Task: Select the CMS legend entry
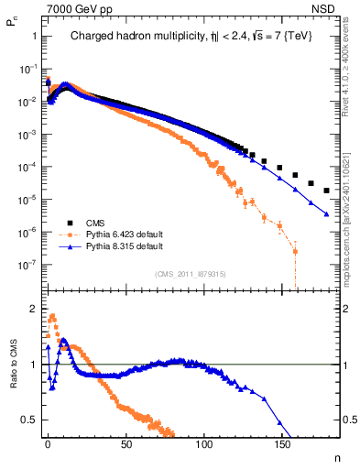click(x=95, y=223)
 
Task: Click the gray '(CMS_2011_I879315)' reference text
click(x=191, y=273)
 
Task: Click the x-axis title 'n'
click(x=337, y=455)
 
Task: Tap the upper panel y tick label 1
click(x=34, y=36)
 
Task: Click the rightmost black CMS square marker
click(x=327, y=191)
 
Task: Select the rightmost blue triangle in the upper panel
click(x=327, y=214)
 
